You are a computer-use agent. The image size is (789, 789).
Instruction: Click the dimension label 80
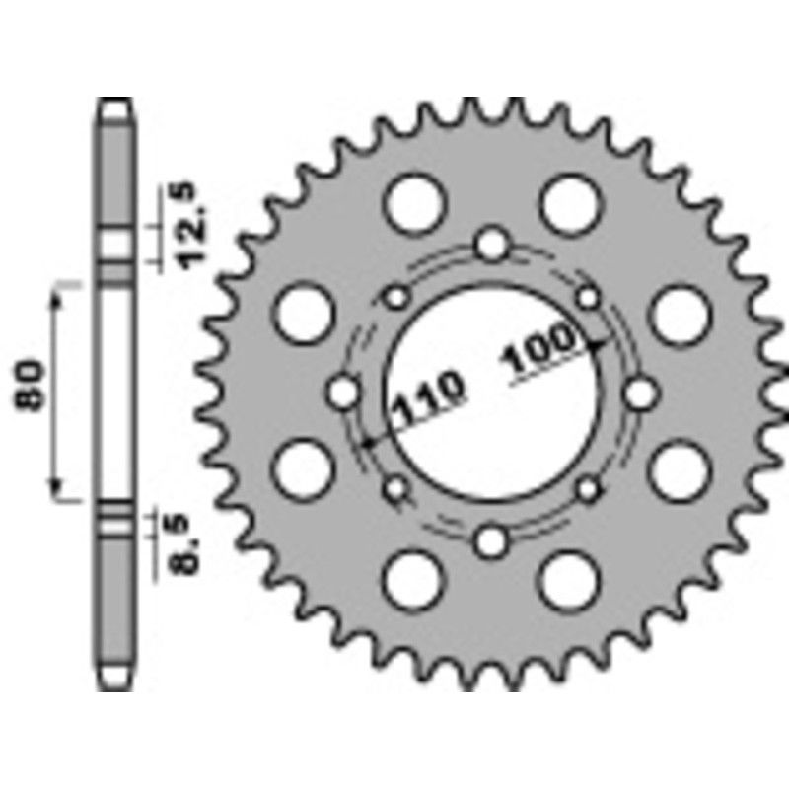point(30,393)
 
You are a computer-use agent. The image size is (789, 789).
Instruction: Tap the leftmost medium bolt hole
point(343,393)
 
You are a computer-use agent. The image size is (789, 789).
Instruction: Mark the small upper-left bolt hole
point(397,297)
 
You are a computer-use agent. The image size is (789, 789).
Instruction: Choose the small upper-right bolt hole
point(588,297)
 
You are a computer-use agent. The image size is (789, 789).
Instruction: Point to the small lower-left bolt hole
point(397,487)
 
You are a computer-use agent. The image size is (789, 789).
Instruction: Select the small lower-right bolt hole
point(588,487)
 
